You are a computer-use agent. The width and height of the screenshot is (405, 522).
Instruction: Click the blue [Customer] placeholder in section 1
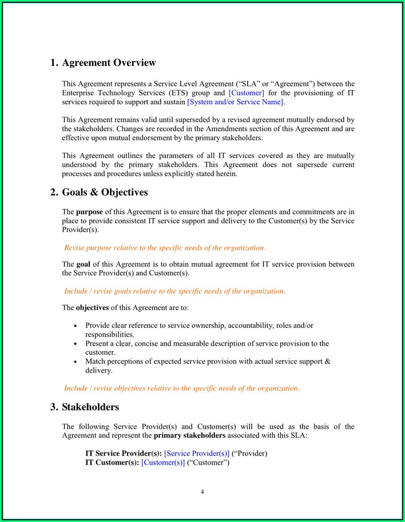246,93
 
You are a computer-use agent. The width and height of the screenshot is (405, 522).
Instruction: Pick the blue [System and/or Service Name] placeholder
235,102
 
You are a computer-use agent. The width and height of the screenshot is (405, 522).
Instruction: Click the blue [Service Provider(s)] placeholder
197,453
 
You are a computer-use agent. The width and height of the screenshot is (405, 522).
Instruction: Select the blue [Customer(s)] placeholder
163,462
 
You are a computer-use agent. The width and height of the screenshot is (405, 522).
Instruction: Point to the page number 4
202,492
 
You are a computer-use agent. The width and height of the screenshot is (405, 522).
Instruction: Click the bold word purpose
90,212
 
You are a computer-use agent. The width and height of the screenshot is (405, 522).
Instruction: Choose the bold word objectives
92,307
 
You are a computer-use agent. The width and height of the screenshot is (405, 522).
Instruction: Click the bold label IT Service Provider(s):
123,453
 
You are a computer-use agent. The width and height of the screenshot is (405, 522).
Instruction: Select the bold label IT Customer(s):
112,462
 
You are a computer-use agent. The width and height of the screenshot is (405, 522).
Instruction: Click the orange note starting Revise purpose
165,248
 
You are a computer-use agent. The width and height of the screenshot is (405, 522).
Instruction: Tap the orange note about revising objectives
181,388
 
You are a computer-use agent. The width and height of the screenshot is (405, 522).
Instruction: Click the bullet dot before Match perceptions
76,362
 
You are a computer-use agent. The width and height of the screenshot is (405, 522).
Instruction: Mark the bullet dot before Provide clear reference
76,326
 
